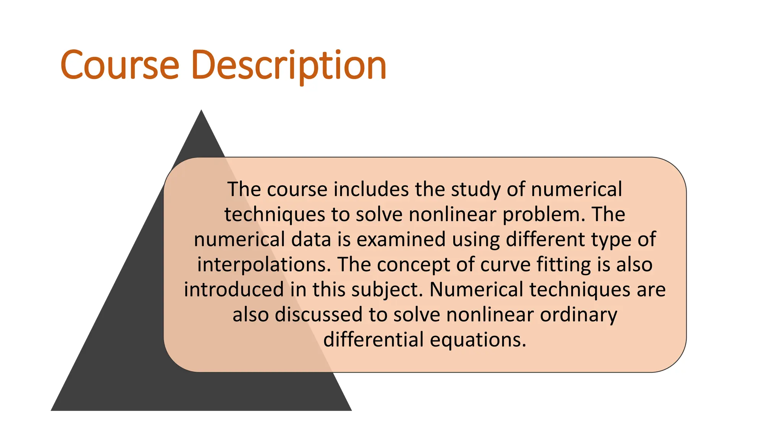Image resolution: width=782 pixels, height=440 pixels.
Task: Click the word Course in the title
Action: pyautogui.click(x=120, y=65)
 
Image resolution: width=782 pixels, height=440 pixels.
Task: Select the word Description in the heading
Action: pyautogui.click(x=289, y=65)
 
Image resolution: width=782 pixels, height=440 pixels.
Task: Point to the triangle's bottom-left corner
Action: pyautogui.click(x=52, y=410)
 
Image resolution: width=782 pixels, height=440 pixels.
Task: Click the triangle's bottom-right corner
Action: pyautogui.click(x=351, y=410)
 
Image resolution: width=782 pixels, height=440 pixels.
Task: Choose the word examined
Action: pyautogui.click(x=401, y=239)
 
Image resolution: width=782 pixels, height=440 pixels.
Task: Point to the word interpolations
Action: pyautogui.click(x=264, y=265)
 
